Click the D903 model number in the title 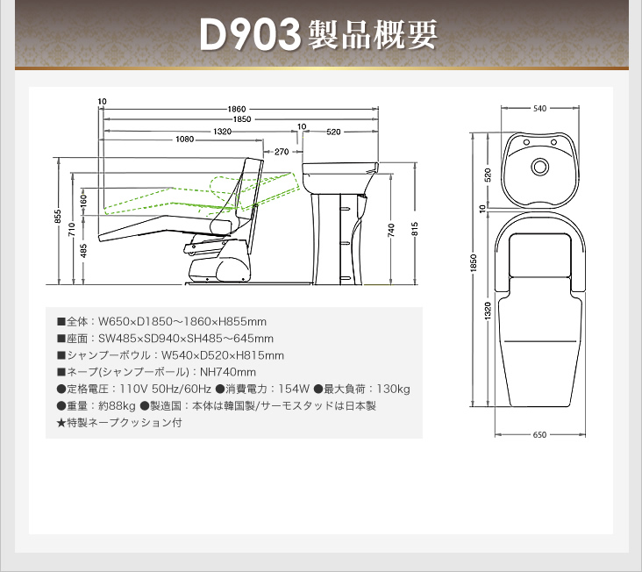pyautogui.click(x=250, y=35)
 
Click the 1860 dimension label pyautogui.click(x=237, y=109)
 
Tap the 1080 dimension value pyautogui.click(x=185, y=139)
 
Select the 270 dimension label pyautogui.click(x=282, y=152)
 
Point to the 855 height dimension pyautogui.click(x=58, y=217)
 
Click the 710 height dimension pyautogui.click(x=72, y=229)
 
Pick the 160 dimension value pyautogui.click(x=83, y=201)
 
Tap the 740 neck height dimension pyautogui.click(x=391, y=230)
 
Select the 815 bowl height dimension pyautogui.click(x=415, y=229)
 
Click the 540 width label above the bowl pyautogui.click(x=539, y=109)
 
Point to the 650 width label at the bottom pyautogui.click(x=539, y=435)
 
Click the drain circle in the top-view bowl pyautogui.click(x=539, y=167)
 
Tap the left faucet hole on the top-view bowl pyautogui.click(x=527, y=142)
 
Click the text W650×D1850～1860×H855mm pyautogui.click(x=182, y=322)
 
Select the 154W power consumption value pyautogui.click(x=294, y=389)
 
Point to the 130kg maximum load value pyautogui.click(x=393, y=389)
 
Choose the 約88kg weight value pyautogui.click(x=118, y=406)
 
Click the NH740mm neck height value pyautogui.click(x=228, y=372)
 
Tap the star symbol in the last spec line pyautogui.click(x=61, y=423)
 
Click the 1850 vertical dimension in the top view pyautogui.click(x=474, y=263)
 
